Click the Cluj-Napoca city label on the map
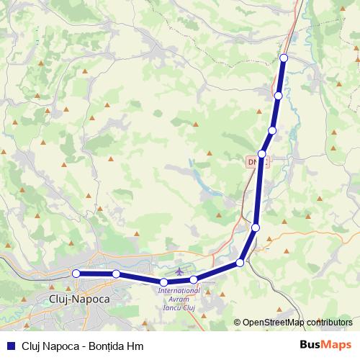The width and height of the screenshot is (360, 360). pyautogui.click(x=78, y=297)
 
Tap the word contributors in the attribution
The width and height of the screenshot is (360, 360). pyautogui.click(x=330, y=323)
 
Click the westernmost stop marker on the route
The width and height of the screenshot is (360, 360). pyautogui.click(x=76, y=274)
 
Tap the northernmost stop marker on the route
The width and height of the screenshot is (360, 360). pyautogui.click(x=284, y=58)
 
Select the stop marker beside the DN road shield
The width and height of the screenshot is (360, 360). pyautogui.click(x=262, y=154)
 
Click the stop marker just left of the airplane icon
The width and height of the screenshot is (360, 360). pyautogui.click(x=164, y=282)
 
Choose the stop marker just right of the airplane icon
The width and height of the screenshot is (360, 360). pyautogui.click(x=194, y=279)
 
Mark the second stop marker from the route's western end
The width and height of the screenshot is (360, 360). pyautogui.click(x=116, y=274)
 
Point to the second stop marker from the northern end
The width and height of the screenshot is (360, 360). pyautogui.click(x=279, y=95)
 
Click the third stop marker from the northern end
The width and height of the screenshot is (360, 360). pyautogui.click(x=272, y=130)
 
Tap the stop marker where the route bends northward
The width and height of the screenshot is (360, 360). pyautogui.click(x=240, y=263)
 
